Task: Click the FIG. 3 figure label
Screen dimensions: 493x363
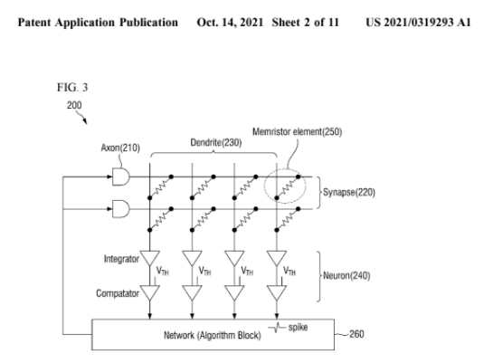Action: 72,87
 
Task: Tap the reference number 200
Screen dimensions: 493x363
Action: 74,105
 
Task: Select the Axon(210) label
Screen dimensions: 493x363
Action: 120,148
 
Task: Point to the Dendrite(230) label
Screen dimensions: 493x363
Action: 216,143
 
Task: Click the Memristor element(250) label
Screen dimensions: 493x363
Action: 297,131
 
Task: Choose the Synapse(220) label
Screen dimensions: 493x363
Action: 349,192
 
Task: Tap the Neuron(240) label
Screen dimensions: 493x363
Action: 346,275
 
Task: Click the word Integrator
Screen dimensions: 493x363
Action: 121,259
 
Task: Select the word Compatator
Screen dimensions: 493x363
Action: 118,293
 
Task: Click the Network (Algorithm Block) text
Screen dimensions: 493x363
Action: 213,335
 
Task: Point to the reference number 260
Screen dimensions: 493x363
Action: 356,334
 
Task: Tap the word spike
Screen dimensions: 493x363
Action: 298,328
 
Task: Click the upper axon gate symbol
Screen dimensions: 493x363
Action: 121,177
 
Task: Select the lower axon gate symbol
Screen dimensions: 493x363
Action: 121,209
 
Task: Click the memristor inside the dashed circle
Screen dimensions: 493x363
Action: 288,187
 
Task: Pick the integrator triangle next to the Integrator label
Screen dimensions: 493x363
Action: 149,258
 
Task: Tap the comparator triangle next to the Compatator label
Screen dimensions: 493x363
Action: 149,293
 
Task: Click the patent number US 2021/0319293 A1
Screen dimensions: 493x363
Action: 418,23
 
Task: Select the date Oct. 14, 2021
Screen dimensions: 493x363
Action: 230,23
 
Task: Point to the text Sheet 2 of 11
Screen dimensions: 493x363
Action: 305,23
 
